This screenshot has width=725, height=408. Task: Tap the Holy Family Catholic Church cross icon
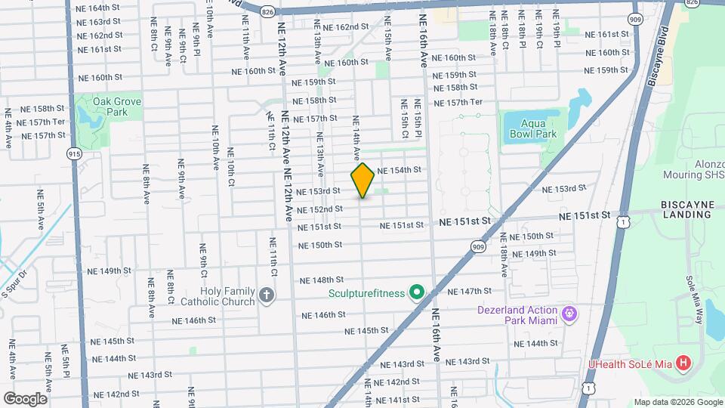click(266, 295)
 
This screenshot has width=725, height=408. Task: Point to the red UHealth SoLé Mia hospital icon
click(683, 363)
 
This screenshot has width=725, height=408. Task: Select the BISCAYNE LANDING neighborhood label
click(686, 209)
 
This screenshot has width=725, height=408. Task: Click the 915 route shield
click(74, 153)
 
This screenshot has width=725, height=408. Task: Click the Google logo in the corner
click(25, 398)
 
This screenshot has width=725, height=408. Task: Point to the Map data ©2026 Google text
click(677, 402)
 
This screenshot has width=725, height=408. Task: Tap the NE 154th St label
click(398, 170)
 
